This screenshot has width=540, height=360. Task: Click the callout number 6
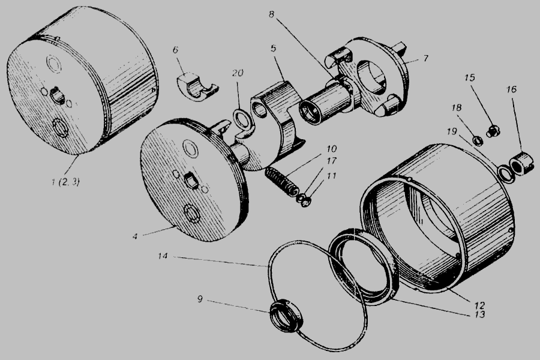coord(175,50)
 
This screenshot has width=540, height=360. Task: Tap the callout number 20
coord(238,73)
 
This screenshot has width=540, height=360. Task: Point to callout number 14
coord(163,256)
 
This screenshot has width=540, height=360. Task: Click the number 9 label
coord(200,299)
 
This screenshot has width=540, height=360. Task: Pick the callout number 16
coord(511,89)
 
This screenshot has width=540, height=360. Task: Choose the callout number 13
coord(479,314)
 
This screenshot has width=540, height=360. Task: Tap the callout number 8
coord(271,15)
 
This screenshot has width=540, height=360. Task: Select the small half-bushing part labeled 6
coord(197,87)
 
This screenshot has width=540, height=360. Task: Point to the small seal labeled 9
coord(284,316)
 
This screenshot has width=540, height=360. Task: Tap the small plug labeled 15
coord(493,131)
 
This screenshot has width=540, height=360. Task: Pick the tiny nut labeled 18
coord(476,140)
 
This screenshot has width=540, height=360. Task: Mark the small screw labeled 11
coord(305,203)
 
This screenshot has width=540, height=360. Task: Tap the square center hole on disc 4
coord(191,181)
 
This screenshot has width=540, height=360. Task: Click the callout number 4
coord(135,236)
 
